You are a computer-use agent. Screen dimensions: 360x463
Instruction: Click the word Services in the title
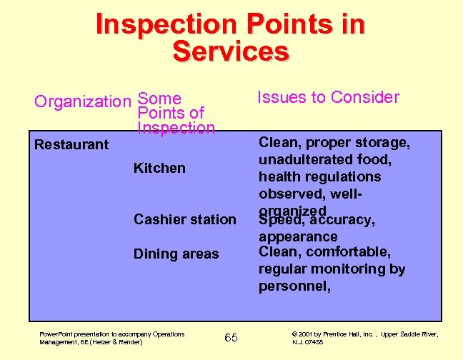click(x=231, y=51)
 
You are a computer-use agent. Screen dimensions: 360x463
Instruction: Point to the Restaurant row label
click(x=71, y=144)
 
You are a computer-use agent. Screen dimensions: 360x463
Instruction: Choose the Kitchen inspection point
click(x=159, y=168)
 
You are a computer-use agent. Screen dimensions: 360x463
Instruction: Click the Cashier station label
click(x=184, y=219)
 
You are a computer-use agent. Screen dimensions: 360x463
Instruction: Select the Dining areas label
click(x=176, y=254)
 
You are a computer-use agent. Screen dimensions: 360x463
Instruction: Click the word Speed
click(x=279, y=220)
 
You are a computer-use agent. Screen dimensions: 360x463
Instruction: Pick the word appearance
click(x=297, y=236)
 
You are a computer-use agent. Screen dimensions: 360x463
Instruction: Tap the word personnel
click(x=294, y=286)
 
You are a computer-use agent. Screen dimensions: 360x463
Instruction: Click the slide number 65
click(x=231, y=337)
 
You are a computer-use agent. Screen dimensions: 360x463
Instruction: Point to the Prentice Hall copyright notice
click(x=364, y=338)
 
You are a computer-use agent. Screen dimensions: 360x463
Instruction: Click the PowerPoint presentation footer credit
click(x=111, y=338)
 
